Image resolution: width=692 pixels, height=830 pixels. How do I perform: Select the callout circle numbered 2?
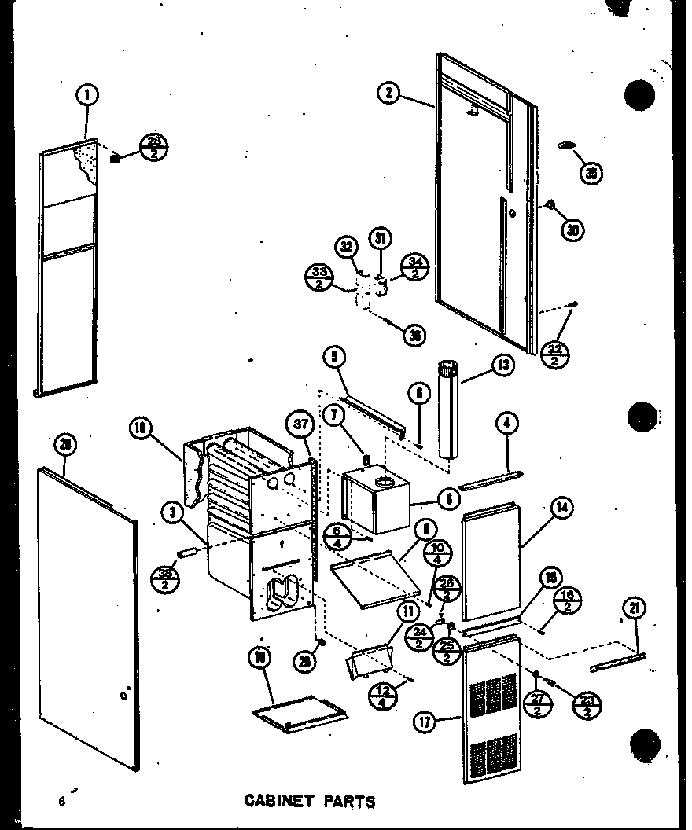[388, 93]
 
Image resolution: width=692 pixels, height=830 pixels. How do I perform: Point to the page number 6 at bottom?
[61, 801]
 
